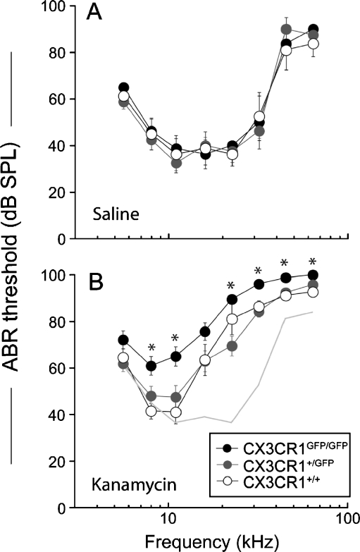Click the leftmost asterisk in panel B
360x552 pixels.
click(x=151, y=348)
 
